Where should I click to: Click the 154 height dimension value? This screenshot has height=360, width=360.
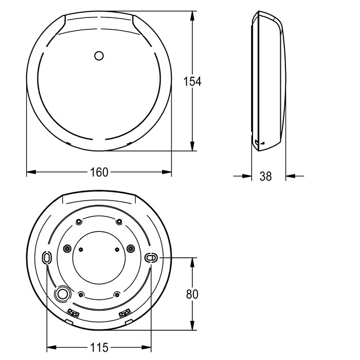[x=192, y=81]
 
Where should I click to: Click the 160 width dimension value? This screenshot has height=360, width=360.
[x=99, y=172]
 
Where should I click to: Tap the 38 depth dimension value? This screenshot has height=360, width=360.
[x=266, y=176]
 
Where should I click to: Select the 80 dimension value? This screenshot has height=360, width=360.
[x=192, y=294]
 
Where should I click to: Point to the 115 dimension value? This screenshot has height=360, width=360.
[x=99, y=347]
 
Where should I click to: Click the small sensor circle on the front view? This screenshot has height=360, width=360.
[x=99, y=56]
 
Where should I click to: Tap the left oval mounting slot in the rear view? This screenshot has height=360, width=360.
[x=47, y=257]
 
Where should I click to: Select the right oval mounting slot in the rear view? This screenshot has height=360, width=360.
[x=151, y=258]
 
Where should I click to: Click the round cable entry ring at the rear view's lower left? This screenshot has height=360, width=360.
[x=62, y=294]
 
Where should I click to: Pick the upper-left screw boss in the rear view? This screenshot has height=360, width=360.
[x=79, y=222]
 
